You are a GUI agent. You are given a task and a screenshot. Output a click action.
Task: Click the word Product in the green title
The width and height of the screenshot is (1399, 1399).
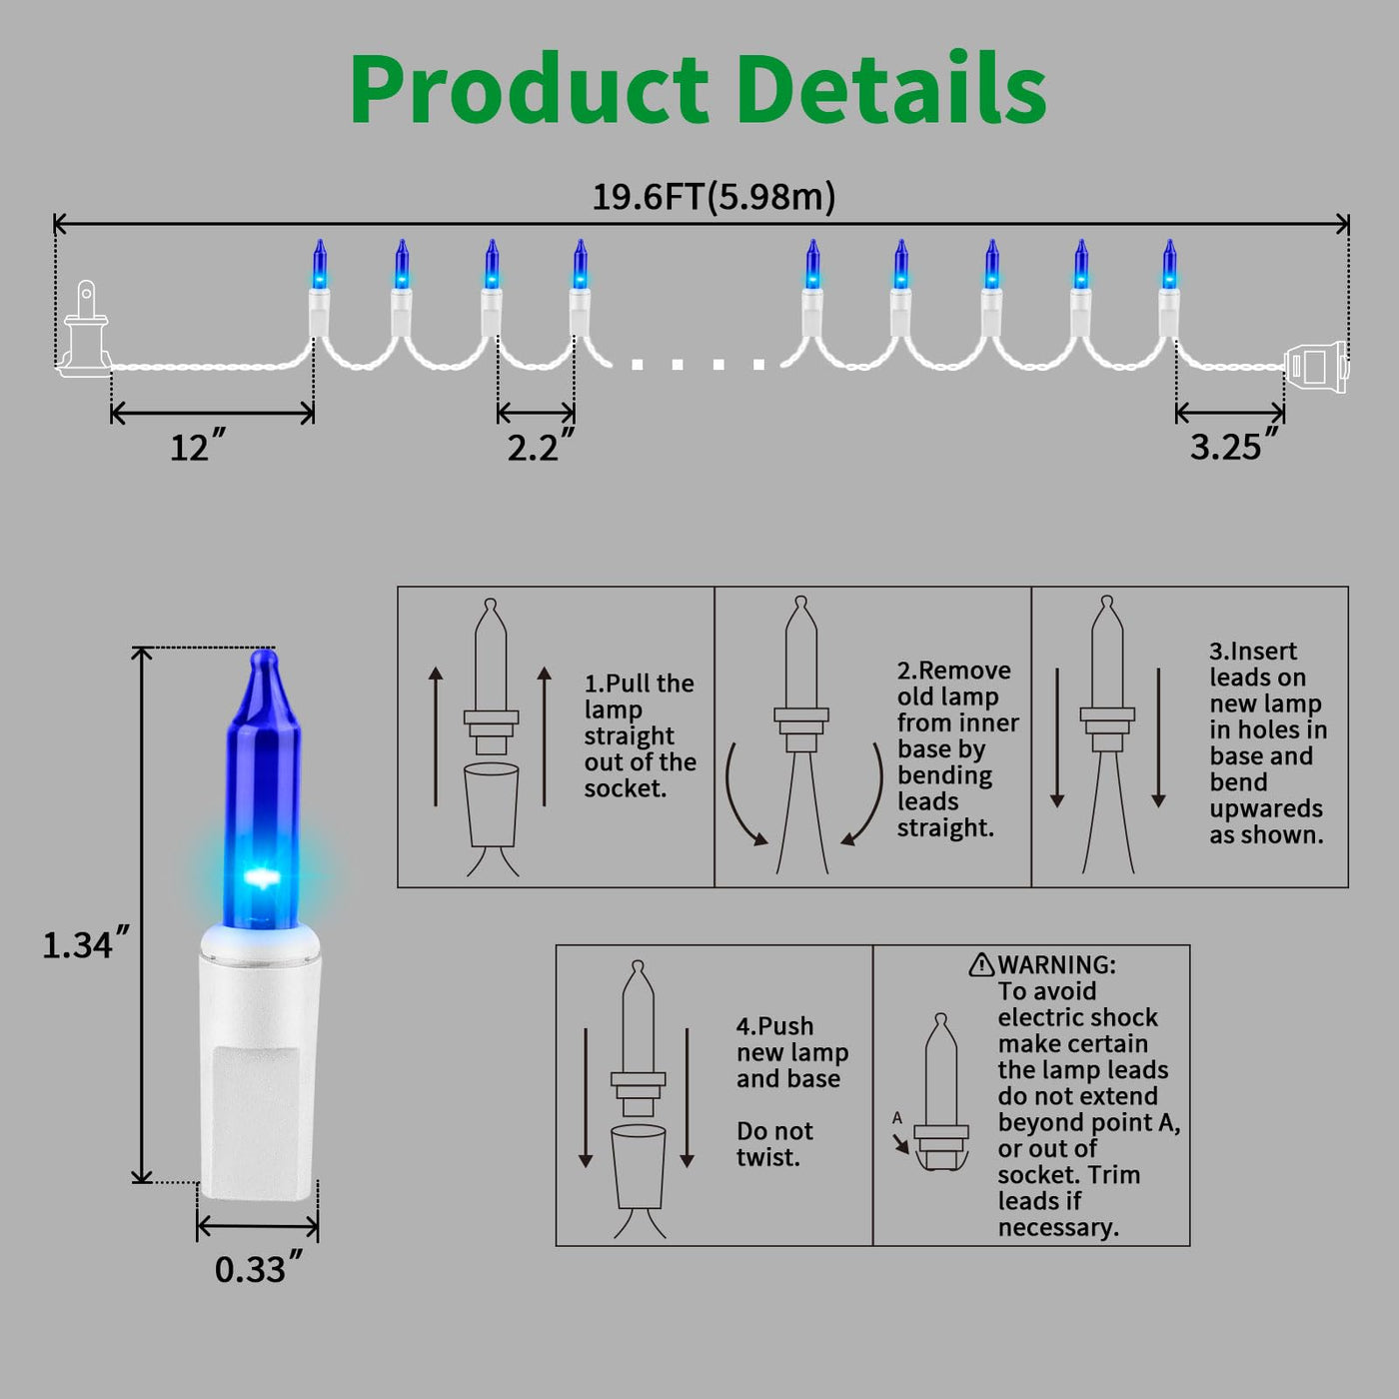(530, 90)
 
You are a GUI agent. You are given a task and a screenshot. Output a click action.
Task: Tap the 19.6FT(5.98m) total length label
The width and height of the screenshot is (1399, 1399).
(714, 197)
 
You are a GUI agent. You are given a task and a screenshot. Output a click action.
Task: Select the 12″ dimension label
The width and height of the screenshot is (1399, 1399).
(198, 446)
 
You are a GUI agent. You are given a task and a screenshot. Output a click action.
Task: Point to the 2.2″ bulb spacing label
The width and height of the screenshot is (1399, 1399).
(541, 446)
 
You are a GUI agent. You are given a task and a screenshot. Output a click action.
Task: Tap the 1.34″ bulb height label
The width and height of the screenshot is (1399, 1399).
(86, 943)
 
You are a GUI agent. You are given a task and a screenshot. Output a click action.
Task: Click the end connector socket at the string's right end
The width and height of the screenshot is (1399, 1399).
(1316, 367)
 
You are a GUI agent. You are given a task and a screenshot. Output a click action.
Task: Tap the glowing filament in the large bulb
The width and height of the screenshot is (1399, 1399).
(262, 877)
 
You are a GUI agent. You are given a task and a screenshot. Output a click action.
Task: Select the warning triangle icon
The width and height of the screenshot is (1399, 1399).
(981, 964)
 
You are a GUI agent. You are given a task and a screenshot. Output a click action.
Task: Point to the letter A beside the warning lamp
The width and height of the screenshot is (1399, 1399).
(897, 1118)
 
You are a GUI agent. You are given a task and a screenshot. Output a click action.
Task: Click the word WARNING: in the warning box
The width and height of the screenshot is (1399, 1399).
(1056, 964)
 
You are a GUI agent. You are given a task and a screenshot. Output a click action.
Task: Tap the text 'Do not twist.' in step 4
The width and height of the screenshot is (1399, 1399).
(774, 1143)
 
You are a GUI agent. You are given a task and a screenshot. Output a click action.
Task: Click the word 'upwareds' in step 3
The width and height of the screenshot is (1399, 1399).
(1266, 808)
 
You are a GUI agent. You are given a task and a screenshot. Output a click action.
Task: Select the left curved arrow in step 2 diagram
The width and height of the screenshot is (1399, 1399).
(743, 795)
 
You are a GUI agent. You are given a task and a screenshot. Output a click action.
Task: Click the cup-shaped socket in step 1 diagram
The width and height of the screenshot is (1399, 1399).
(492, 804)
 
